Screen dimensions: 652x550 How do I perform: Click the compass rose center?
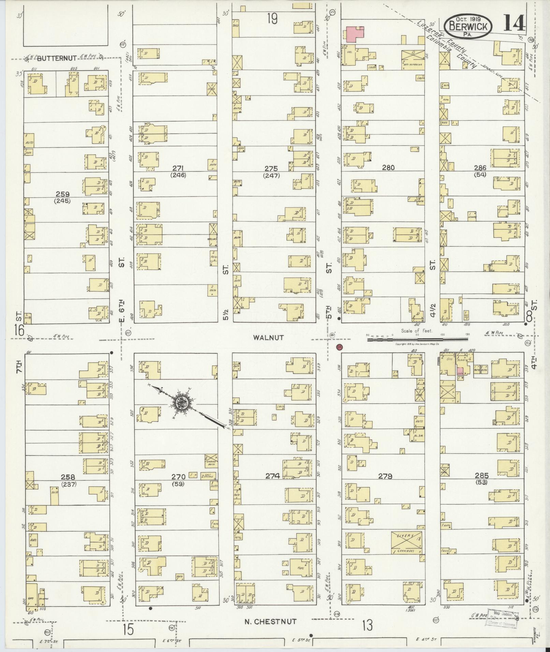pyautogui.click(x=181, y=403)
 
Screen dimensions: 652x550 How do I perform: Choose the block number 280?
pyautogui.click(x=388, y=167)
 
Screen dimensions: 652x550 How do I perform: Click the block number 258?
pyautogui.click(x=68, y=476)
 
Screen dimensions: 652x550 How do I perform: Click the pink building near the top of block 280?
pyautogui.click(x=355, y=34)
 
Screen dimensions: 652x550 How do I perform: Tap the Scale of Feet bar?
pyautogui.click(x=418, y=339)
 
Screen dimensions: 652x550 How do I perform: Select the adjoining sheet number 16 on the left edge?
pyautogui.click(x=19, y=330)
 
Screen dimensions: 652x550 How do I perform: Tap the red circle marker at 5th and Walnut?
pyautogui.click(x=339, y=347)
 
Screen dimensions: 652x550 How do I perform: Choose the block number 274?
pyautogui.click(x=273, y=476)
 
